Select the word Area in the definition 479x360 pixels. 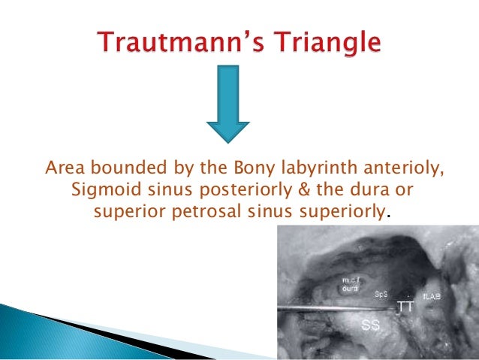(x=65, y=167)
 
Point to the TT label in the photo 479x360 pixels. (x=405, y=307)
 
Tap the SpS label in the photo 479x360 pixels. (x=381, y=294)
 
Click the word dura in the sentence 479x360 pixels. (x=349, y=188)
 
